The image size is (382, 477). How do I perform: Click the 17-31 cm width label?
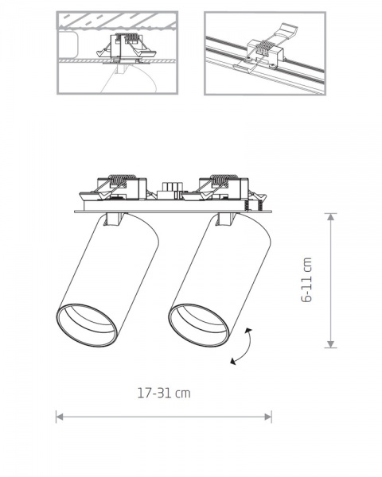pyautogui.click(x=163, y=393)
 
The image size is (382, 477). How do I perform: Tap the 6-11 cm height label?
pyautogui.click(x=307, y=280)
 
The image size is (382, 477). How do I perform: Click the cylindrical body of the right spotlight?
pyautogui.click(x=223, y=266)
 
